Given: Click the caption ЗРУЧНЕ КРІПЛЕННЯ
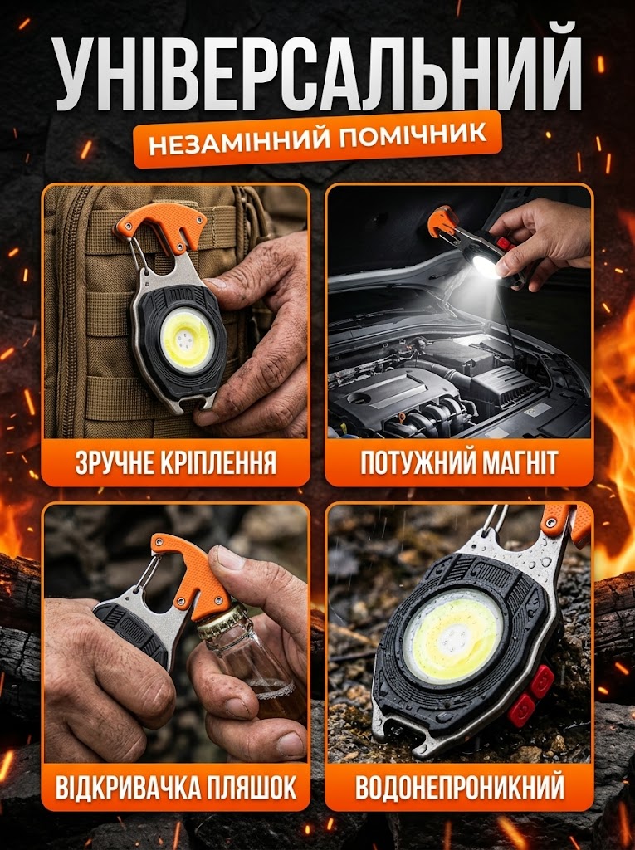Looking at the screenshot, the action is [176, 463].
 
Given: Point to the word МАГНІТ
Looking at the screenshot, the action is [509, 463].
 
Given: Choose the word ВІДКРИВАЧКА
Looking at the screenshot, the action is [126, 787].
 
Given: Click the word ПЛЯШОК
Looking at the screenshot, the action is [251, 787].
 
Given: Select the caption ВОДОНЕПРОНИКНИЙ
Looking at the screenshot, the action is [460, 787].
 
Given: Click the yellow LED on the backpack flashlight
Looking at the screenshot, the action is [187, 340].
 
